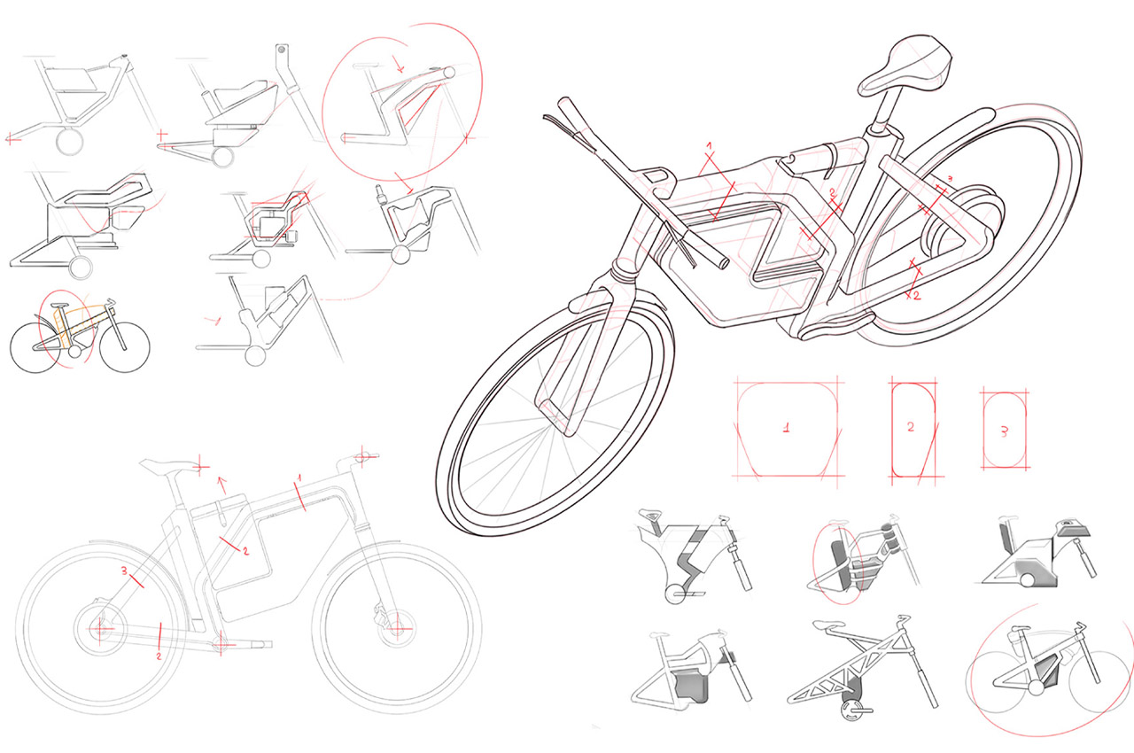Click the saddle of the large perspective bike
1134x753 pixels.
point(906,66)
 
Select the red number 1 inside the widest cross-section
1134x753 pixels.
point(786,428)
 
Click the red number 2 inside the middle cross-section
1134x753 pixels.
point(911,427)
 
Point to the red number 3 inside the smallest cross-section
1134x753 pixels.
point(1005,431)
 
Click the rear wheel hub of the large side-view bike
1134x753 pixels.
point(100,628)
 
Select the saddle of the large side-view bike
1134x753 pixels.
point(168,466)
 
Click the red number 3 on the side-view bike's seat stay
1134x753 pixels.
point(124,571)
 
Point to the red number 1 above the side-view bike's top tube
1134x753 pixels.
point(299,477)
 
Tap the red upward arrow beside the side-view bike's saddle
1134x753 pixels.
point(221,485)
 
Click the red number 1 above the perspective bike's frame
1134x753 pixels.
point(710,146)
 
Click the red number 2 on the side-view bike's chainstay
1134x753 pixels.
point(159,656)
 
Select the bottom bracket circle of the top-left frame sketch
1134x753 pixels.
point(69,141)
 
